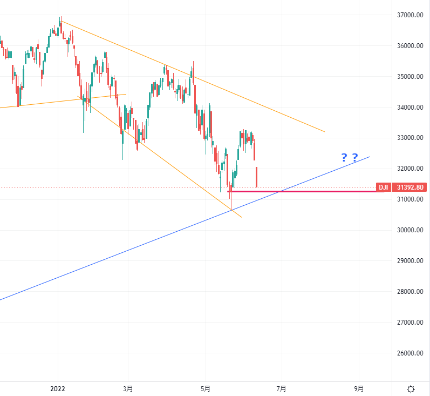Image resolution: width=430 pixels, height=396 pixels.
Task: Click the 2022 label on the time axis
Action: tap(58, 388)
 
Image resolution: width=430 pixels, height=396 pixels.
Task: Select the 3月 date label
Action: tap(128, 388)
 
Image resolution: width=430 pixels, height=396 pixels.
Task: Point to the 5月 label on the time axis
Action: tap(205, 388)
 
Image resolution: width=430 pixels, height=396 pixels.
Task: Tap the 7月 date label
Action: tap(281, 388)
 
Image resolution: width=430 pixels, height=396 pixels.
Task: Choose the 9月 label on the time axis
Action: tap(359, 388)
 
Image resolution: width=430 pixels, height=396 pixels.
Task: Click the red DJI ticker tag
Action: tap(383, 187)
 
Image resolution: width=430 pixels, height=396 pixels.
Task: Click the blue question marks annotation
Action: tap(350, 158)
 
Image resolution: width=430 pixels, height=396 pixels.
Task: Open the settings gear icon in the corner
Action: tap(411, 389)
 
